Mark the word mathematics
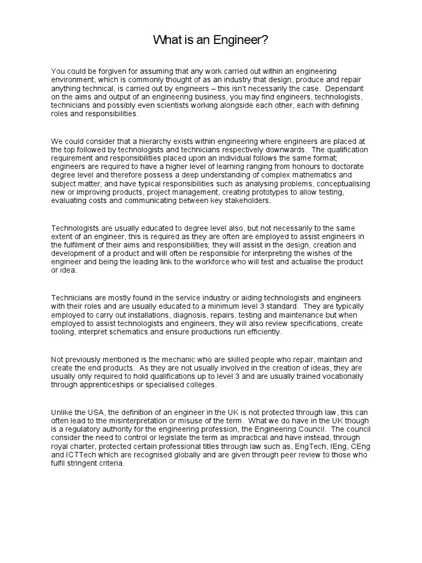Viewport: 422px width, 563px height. click(x=320, y=175)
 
